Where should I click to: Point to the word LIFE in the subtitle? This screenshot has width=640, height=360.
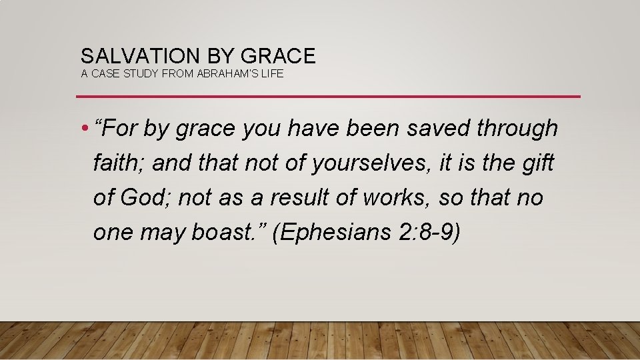pos(273,74)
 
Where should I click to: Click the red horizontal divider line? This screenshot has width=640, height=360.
pos(328,97)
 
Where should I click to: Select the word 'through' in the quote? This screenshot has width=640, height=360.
pos(517,128)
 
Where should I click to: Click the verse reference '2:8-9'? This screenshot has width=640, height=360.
pos(433,232)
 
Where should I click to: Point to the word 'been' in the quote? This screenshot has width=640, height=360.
pos(365,128)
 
